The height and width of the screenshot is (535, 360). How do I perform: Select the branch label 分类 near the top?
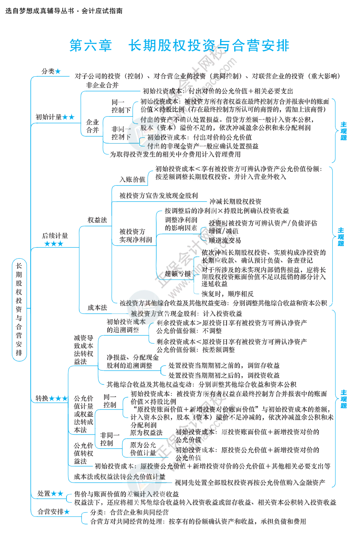(48, 71)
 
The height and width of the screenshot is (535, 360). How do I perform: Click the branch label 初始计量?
(49, 117)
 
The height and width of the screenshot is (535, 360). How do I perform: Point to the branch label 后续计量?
(55, 236)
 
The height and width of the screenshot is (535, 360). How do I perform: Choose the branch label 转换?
(42, 398)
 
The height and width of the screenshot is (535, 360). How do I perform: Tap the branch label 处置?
(44, 493)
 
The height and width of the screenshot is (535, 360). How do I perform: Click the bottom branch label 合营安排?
(50, 512)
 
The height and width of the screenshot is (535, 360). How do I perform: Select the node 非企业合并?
(102, 85)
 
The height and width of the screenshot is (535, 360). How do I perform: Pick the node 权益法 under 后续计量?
(98, 220)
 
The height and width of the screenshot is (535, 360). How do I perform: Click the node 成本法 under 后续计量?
(98, 307)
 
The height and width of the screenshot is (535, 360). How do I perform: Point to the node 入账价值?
(132, 180)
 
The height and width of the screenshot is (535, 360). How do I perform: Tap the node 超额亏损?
(178, 274)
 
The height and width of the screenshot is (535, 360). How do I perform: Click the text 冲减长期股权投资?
(235, 201)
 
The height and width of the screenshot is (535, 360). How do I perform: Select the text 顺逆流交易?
(225, 240)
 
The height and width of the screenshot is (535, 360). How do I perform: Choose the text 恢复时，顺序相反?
(228, 294)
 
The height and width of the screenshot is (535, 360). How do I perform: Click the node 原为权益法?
(146, 433)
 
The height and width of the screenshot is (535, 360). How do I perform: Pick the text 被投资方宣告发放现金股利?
(158, 196)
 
